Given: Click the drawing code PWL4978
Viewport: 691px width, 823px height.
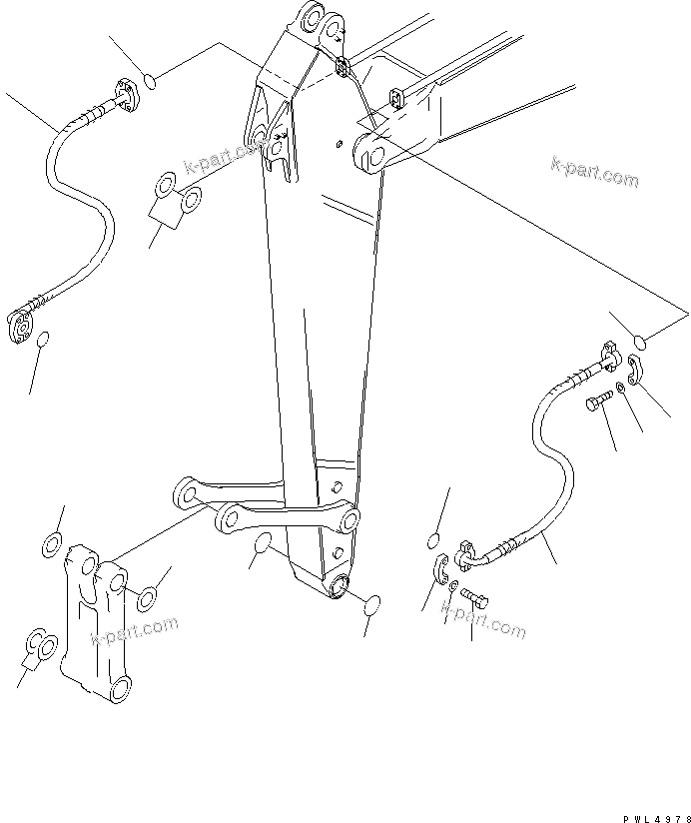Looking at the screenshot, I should point(649,814).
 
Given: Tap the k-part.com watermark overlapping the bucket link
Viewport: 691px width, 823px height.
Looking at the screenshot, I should point(134,632).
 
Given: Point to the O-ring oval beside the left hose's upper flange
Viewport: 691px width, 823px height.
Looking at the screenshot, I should point(148,80).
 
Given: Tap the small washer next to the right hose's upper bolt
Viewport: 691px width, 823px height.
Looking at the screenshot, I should point(622,387).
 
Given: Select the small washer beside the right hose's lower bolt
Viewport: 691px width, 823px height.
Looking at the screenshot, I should point(453,585).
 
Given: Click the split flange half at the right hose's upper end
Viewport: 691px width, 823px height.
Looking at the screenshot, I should point(636,367).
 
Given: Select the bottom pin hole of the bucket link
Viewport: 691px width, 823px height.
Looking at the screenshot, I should point(119,687).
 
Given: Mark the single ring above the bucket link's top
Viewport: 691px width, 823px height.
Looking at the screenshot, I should point(50,544).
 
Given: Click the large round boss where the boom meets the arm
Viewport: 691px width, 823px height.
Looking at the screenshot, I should point(369,151).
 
